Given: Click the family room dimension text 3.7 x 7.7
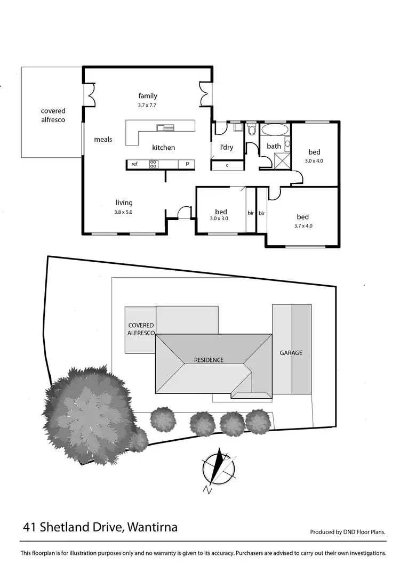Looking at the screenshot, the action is [x=148, y=106].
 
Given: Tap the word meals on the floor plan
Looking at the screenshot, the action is [x=103, y=139].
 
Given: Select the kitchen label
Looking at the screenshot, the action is [x=163, y=148].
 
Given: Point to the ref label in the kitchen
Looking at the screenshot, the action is [x=134, y=164].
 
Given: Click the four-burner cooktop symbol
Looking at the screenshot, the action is [x=153, y=164].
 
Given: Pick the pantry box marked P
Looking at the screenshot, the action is [x=187, y=164].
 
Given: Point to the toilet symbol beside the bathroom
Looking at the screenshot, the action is [x=252, y=130].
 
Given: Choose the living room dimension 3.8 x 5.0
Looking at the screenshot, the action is [x=123, y=212].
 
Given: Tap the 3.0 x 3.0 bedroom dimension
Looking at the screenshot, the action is [x=219, y=218].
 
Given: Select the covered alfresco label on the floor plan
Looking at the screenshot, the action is [x=53, y=115].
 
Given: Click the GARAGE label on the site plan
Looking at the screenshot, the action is [x=291, y=353].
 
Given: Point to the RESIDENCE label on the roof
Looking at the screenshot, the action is [x=209, y=360].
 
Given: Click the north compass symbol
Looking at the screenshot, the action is [x=218, y=467].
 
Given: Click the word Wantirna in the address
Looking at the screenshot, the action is [x=153, y=528].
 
